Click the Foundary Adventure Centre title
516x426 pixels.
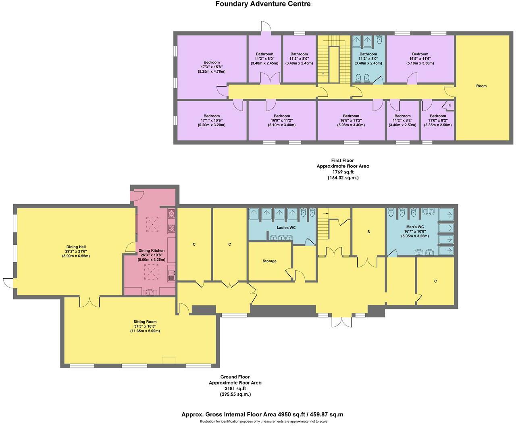(x=263, y=4)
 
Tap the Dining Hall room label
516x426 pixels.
(x=76, y=247)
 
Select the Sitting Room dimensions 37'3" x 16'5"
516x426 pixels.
(x=145, y=326)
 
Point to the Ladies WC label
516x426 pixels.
(x=286, y=228)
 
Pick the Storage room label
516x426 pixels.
(x=269, y=261)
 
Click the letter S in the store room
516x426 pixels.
(x=368, y=232)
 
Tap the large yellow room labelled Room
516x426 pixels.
(x=481, y=86)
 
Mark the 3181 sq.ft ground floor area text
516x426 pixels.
(x=235, y=388)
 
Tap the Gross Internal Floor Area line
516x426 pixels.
(x=262, y=414)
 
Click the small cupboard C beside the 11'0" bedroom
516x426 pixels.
(x=449, y=105)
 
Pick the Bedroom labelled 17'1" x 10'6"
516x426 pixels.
(x=211, y=120)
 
